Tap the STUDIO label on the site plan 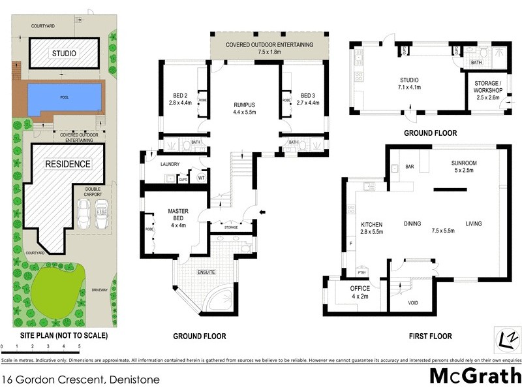64,54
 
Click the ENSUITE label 206,271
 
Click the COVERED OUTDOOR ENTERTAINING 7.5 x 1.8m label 269,48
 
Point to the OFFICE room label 360,288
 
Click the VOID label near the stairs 412,303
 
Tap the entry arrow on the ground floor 262,212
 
